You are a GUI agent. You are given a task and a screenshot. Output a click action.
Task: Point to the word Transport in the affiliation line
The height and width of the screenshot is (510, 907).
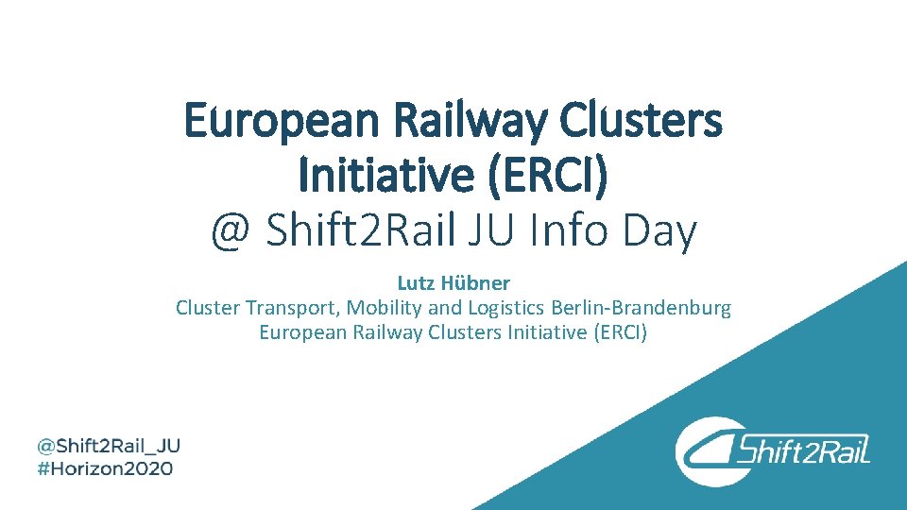tap(292, 308)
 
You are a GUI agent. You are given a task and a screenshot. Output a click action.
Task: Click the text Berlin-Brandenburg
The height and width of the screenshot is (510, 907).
tap(642, 308)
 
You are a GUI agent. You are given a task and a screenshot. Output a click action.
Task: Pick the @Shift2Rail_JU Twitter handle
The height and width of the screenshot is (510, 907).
tap(109, 445)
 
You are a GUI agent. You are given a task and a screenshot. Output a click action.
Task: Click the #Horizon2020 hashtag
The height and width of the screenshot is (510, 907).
tap(105, 468)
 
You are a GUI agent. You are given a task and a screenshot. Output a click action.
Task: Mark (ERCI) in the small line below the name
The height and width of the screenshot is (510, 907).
tap(620, 332)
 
